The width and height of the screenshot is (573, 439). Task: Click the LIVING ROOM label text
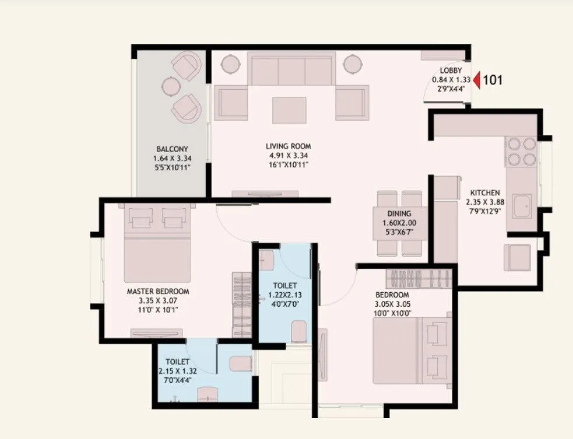(x=289, y=146)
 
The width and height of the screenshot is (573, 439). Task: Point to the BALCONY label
(x=172, y=149)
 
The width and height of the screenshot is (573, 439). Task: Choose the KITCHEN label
(x=485, y=193)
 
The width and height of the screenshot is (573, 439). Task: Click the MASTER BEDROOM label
(x=158, y=291)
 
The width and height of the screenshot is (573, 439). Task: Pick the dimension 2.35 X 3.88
(x=485, y=202)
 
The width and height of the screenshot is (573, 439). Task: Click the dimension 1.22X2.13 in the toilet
(x=286, y=294)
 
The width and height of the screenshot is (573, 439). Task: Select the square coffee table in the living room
(x=289, y=110)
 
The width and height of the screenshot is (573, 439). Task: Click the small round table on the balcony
(x=171, y=86)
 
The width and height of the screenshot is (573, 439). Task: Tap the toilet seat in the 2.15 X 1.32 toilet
(x=240, y=364)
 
